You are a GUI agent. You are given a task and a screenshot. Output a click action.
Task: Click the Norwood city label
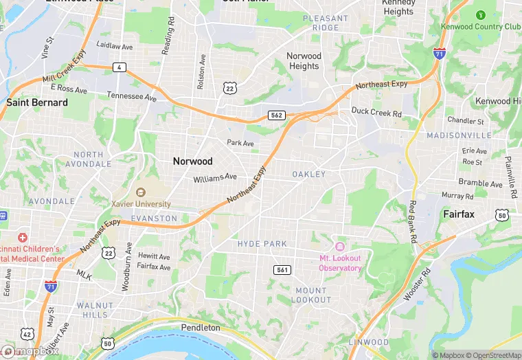coord(192,161)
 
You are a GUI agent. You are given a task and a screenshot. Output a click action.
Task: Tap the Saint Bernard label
coord(37,102)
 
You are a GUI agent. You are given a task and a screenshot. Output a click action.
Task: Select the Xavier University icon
coord(141,192)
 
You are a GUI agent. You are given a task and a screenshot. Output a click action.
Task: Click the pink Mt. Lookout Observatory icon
coord(339,247)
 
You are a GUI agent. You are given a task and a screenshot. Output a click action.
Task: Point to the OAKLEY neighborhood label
coord(308,175)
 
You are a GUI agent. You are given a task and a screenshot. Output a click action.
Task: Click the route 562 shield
coord(277,115)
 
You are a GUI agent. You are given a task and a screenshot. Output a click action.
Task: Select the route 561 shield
coord(282,269)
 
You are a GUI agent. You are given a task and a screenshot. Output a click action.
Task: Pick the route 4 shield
coord(120,67)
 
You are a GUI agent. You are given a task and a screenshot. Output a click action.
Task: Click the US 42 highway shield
coord(27,334)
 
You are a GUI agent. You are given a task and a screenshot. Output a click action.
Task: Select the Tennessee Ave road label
coord(132,96)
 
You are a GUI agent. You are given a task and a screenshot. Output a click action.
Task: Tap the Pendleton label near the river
coord(201,328)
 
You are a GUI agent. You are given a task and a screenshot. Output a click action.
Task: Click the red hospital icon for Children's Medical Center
coord(22,237)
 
